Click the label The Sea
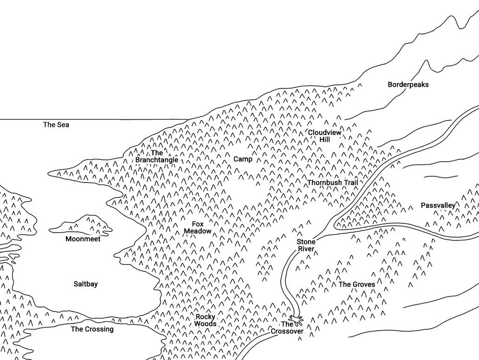click(56, 124)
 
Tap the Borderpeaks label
click(408, 85)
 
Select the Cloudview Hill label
click(324, 136)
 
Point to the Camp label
click(243, 159)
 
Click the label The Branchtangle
click(157, 156)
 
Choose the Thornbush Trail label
click(333, 183)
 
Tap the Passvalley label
click(438, 205)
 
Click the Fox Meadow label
click(197, 228)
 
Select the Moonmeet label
click(83, 239)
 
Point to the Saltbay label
click(86, 284)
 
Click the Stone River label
click(306, 245)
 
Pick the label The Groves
click(357, 284)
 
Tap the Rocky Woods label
click(205, 320)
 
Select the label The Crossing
click(92, 329)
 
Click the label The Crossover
click(287, 327)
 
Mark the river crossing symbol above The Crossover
click(295, 319)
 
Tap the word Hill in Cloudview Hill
click(325, 139)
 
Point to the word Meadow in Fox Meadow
click(197, 231)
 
